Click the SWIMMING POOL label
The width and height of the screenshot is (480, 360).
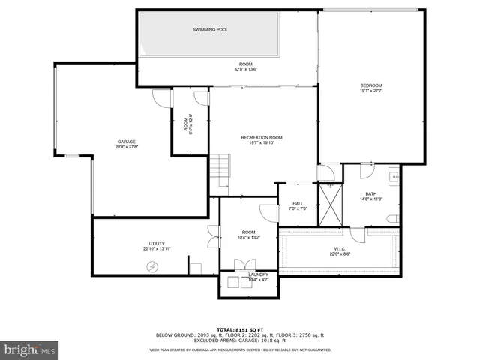211,30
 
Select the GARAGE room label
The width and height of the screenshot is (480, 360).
126,141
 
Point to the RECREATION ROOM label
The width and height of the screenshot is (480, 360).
262,138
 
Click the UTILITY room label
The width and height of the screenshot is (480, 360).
157,243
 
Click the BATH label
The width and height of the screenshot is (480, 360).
371,193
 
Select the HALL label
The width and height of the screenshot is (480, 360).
298,202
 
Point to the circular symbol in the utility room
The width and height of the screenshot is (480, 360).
152,266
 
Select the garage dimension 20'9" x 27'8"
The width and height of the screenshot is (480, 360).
126,147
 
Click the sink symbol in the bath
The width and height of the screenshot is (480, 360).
393,178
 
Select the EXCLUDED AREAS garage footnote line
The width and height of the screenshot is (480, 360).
239,340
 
